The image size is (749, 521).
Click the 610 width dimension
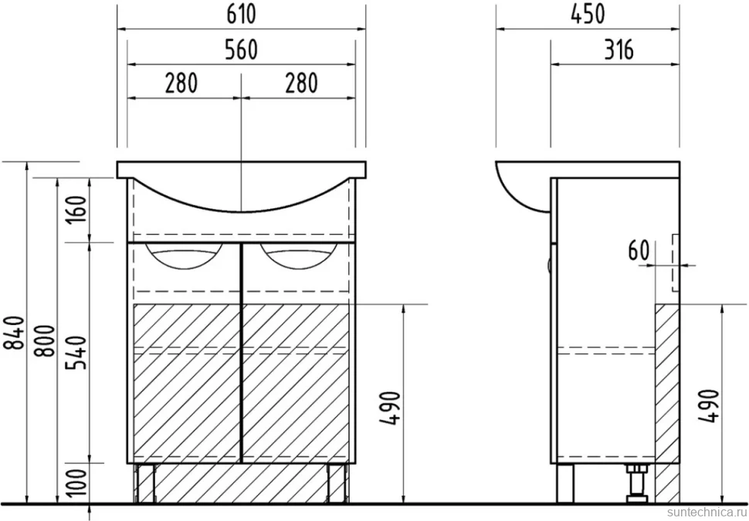241,14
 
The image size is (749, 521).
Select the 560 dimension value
241,49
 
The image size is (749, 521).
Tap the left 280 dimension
181,83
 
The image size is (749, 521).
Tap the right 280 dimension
301,83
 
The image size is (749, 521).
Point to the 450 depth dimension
588,14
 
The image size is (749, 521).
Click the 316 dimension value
619,49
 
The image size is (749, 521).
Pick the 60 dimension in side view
639,251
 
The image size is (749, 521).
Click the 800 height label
46,340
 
